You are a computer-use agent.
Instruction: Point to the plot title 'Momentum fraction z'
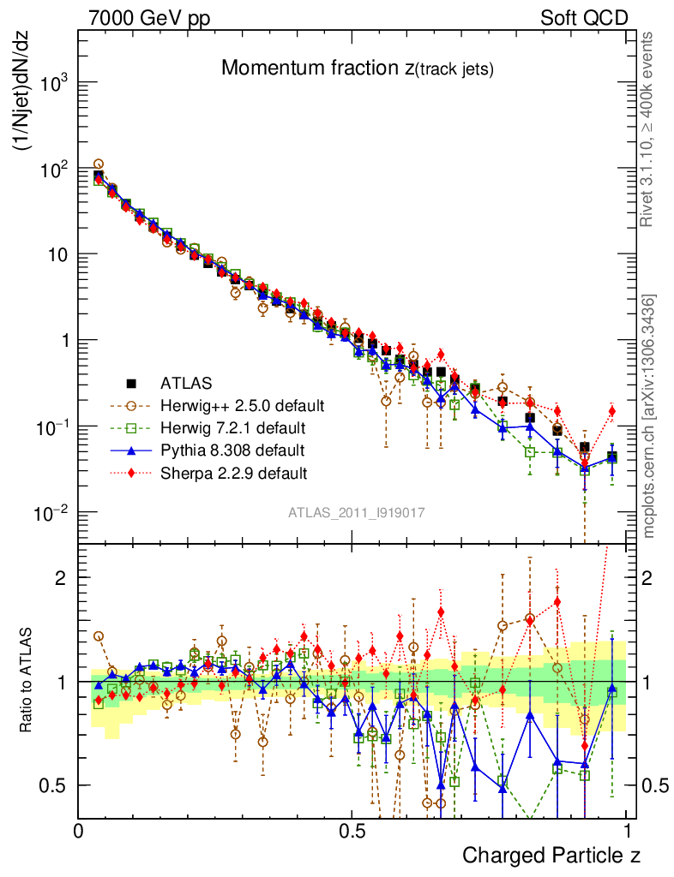(356, 69)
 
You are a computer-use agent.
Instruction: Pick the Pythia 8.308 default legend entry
(232, 450)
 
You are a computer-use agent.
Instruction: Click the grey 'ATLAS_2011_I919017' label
(357, 512)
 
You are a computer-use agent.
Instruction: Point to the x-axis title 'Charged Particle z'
(551, 854)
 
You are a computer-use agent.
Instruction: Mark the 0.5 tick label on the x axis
(352, 832)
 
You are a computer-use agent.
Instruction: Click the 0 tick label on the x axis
(79, 832)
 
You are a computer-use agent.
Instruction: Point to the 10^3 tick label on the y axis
(53, 82)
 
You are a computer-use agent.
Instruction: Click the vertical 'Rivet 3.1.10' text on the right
(649, 128)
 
